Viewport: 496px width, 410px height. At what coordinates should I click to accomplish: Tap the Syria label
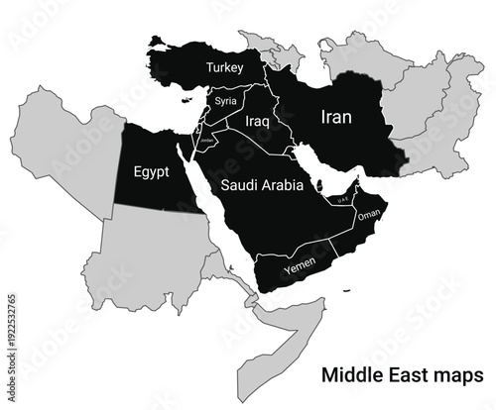(226, 101)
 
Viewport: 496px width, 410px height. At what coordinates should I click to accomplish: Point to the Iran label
(335, 117)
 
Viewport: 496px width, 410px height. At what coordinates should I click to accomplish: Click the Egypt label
(152, 169)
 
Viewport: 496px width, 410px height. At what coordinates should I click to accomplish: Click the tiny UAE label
(343, 200)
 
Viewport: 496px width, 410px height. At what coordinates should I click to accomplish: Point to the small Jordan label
(207, 140)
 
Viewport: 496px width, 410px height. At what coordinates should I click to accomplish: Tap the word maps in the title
(455, 376)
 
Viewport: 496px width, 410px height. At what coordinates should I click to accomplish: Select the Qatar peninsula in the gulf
(320, 185)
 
